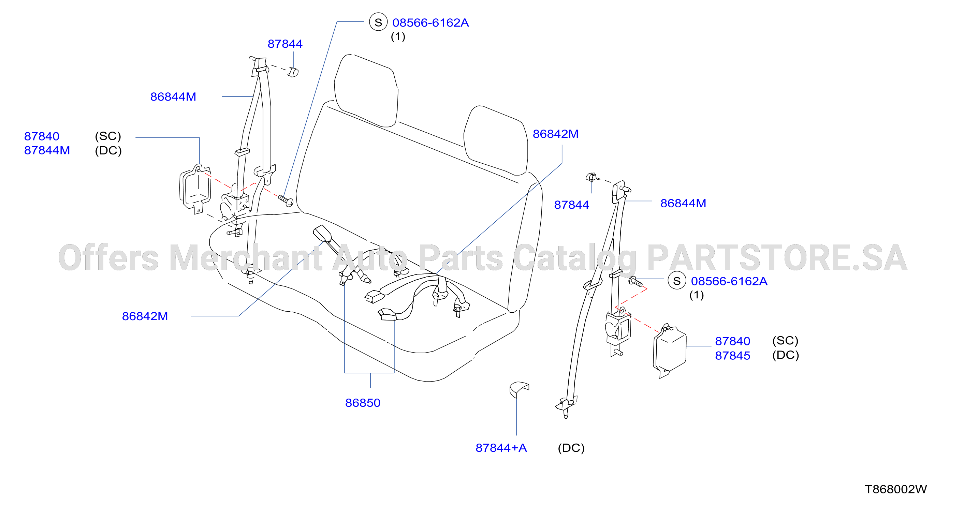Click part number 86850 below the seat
363,403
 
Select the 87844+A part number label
501,448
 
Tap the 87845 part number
732,355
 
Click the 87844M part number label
47,150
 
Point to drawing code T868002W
896,489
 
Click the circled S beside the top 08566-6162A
378,22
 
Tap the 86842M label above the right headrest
555,134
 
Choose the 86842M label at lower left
145,316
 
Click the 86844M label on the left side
173,96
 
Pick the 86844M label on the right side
683,203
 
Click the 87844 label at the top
285,44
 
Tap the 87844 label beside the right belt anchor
571,205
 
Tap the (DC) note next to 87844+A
571,448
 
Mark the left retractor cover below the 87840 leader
195,189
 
